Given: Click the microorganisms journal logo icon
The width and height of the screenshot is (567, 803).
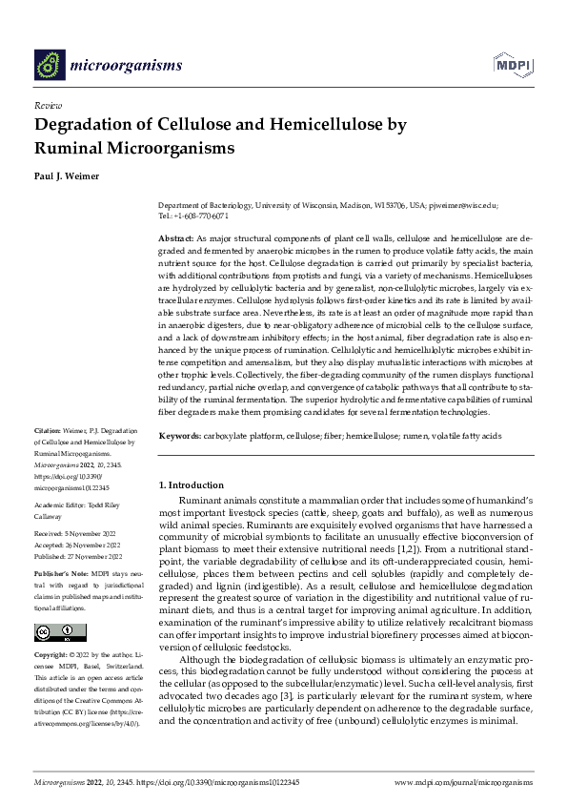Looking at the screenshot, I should pyautogui.click(x=50, y=65).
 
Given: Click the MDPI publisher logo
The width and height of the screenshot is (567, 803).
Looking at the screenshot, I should pyautogui.click(x=511, y=64).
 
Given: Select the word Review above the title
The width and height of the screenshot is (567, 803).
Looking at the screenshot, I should pyautogui.click(x=48, y=106).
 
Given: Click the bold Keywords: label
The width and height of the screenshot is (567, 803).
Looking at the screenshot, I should pyautogui.click(x=180, y=436).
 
